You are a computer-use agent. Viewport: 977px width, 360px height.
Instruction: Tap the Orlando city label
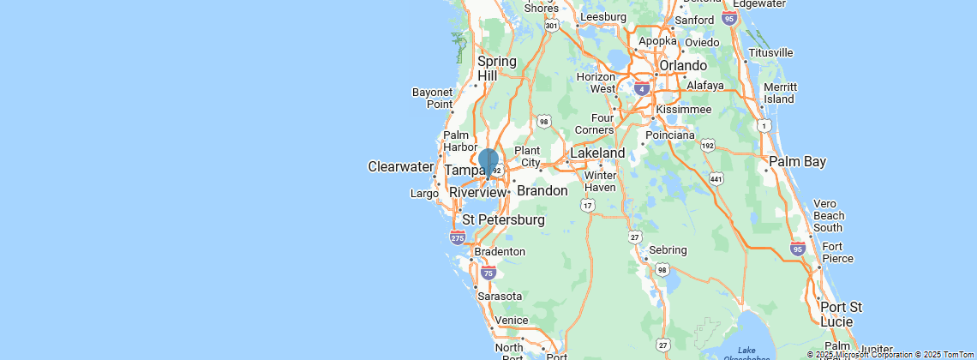point(682,66)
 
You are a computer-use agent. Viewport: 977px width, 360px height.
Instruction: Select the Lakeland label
point(597,153)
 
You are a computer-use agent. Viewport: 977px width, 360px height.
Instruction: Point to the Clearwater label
point(401,166)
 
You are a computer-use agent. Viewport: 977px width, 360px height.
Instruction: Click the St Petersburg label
point(503,219)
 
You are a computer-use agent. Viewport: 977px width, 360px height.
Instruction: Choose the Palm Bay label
point(797,161)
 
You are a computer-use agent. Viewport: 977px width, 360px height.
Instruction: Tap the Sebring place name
point(668,250)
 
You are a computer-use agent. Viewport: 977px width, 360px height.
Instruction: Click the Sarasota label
point(500,297)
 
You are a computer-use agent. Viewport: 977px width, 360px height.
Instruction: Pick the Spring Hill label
point(497,69)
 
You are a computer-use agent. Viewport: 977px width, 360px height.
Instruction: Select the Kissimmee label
point(683,110)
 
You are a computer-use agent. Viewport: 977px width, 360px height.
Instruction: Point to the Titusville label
point(770,52)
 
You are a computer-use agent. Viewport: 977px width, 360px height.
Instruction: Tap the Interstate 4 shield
point(642,87)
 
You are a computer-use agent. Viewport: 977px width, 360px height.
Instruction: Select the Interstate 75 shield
point(488,273)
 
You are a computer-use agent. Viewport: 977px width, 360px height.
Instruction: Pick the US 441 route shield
point(716,178)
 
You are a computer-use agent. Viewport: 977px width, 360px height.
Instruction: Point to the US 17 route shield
point(588,206)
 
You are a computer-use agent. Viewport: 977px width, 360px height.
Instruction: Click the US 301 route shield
point(552,26)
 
